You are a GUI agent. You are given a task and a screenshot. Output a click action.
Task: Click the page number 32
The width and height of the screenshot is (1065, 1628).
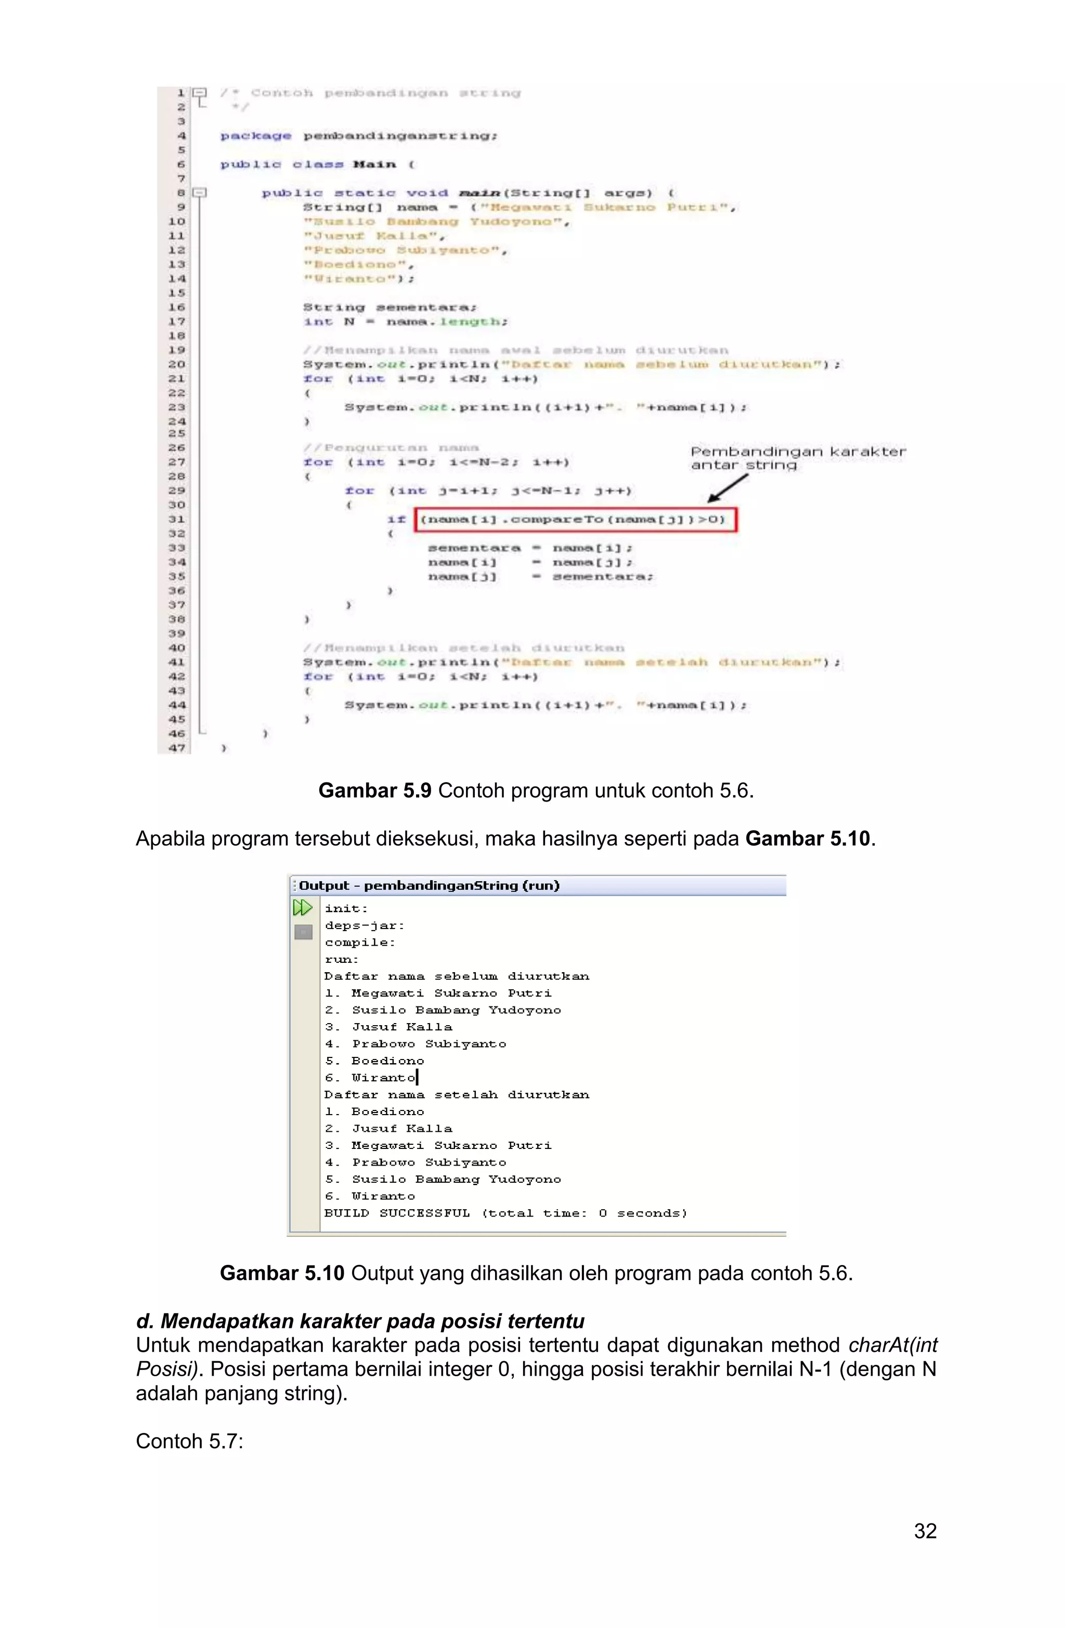(925, 1530)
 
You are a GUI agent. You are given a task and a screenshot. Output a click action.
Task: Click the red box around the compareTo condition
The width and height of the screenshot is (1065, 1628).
(575, 519)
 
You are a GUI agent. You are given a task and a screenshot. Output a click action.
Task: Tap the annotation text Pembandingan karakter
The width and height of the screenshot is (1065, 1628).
(798, 451)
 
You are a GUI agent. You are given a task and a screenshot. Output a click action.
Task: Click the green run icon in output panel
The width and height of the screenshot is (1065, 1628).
(302, 908)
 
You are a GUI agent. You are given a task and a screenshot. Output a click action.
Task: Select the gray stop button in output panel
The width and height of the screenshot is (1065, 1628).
(303, 932)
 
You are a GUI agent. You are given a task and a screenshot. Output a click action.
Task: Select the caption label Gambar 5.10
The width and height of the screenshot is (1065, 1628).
(282, 1273)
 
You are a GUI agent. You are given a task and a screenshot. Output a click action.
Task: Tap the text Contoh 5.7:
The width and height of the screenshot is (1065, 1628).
(189, 1441)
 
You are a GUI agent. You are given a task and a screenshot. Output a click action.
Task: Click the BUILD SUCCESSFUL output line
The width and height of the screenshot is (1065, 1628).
(505, 1213)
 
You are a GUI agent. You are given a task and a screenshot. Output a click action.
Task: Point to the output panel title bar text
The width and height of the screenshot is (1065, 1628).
(429, 885)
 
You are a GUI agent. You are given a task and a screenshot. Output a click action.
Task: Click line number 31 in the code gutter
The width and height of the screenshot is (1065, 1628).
(176, 519)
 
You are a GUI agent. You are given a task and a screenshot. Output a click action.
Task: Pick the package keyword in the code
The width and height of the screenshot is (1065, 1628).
(255, 135)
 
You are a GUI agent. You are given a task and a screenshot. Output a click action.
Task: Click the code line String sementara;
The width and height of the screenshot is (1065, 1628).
(390, 307)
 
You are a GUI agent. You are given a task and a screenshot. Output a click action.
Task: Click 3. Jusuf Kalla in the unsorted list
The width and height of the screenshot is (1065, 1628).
(388, 1027)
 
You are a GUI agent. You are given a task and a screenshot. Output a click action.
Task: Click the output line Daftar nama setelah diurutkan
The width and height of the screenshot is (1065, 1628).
(456, 1094)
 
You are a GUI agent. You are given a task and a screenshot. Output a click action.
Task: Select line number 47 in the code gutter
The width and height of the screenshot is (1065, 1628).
(176, 747)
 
